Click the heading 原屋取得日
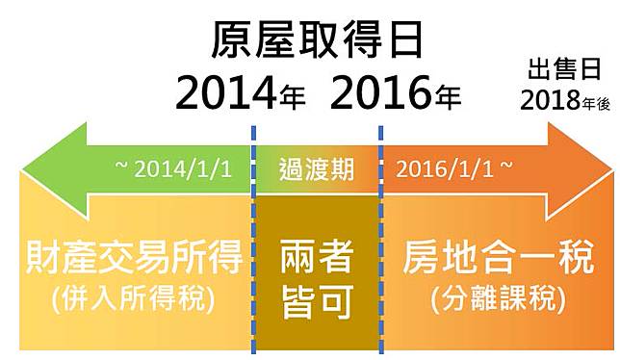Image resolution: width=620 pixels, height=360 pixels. coord(318,40)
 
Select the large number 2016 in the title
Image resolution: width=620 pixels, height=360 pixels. coord(380,93)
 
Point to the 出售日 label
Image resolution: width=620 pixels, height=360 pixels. coord(564,69)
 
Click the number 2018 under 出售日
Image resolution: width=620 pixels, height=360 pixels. coord(551,100)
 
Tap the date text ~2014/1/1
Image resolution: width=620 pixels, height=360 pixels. coord(173,169)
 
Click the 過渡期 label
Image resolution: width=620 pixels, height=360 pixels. coord(317,169)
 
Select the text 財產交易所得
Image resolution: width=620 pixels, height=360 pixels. coord(134,258)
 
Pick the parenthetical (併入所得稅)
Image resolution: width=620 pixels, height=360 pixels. coord(133,298)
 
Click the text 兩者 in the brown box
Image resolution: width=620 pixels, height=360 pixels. coord(317,258)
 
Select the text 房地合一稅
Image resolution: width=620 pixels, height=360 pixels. coord(499,258)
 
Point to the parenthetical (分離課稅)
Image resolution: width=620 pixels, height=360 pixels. coord(499,298)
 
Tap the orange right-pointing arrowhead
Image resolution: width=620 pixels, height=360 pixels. coord(581,170)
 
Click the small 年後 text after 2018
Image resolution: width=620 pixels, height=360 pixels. coord(596,104)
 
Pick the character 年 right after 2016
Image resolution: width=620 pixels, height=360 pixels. coord(448,97)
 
